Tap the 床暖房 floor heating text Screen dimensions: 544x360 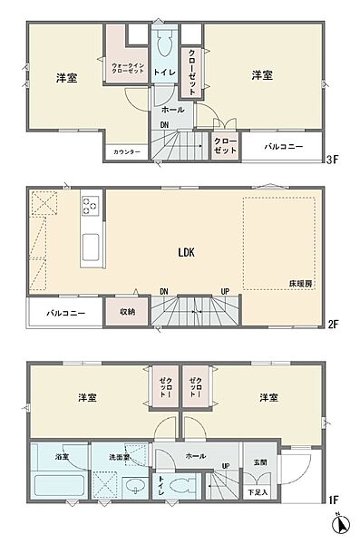tap(302, 284)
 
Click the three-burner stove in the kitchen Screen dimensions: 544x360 tap(91, 207)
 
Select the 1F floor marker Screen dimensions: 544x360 tap(333, 498)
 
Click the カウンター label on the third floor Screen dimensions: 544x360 tap(127, 151)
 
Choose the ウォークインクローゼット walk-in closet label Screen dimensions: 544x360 tap(126, 69)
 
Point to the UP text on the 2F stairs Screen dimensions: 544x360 tap(224, 291)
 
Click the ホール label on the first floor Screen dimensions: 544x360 tap(194, 456)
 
